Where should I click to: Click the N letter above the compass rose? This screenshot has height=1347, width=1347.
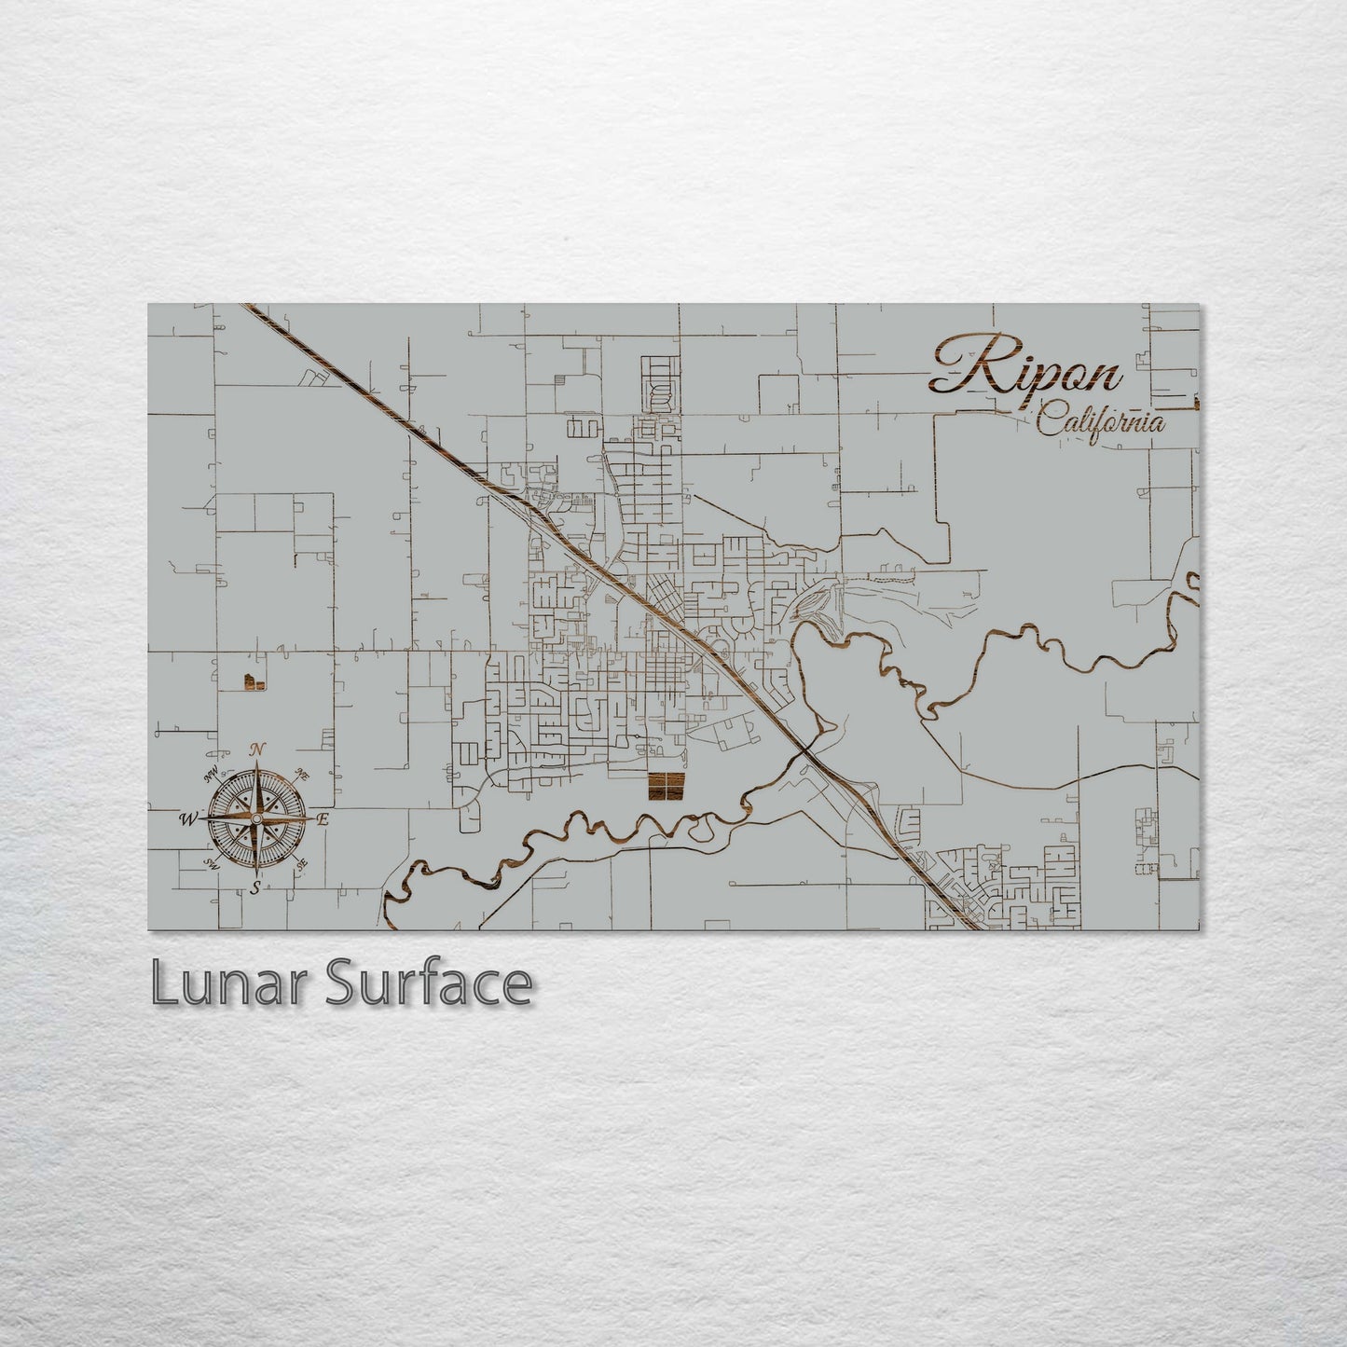click(x=259, y=749)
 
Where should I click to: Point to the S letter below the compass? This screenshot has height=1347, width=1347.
click(x=254, y=888)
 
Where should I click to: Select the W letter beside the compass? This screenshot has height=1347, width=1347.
click(x=187, y=819)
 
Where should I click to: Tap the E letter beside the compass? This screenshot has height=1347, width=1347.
click(x=323, y=819)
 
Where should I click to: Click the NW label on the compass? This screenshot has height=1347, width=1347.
click(x=212, y=770)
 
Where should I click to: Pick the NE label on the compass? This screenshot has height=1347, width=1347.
click(x=302, y=773)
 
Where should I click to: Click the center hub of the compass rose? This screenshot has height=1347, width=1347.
click(x=255, y=818)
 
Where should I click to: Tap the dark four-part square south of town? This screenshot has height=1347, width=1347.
click(x=666, y=786)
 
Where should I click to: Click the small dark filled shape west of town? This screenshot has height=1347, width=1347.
click(x=249, y=683)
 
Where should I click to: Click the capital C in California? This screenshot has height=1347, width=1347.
click(x=1049, y=420)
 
